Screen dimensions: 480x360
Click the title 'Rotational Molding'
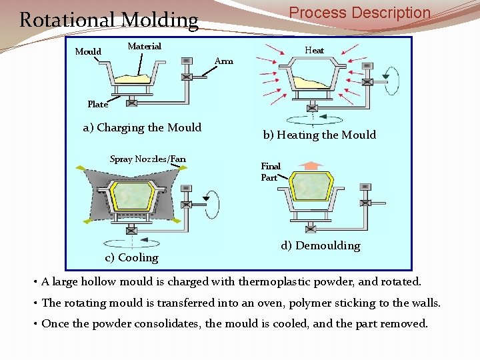point(109,20)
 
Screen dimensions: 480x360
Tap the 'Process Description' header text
point(359,13)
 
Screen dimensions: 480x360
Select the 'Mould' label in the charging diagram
point(88,51)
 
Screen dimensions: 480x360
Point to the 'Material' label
point(144,46)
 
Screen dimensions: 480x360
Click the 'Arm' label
point(224,61)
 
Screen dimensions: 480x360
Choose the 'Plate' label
point(97,104)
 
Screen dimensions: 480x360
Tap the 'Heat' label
point(314,50)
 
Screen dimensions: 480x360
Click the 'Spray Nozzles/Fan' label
point(147,159)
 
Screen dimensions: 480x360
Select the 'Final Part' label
point(270,172)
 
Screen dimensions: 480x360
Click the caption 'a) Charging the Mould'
point(142,127)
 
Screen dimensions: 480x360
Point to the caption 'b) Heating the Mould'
point(319,135)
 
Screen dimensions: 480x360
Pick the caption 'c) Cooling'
point(132,257)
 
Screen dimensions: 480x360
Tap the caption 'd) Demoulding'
point(321,245)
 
